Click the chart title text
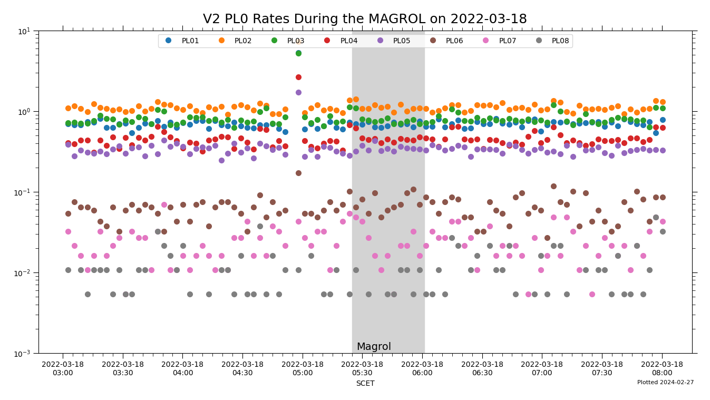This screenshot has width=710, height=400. tap(365, 19)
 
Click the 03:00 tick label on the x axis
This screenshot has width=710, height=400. tap(63, 368)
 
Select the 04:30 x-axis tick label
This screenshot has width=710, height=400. tap(242, 368)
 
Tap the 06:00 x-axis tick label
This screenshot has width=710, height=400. tap(422, 368)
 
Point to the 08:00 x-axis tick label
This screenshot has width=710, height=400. tap(662, 368)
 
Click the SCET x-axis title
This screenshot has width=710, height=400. tap(365, 384)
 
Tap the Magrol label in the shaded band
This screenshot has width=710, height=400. tap(374, 347)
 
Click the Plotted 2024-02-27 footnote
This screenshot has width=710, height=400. tap(665, 383)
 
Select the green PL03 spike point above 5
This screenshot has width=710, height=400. tap(298, 53)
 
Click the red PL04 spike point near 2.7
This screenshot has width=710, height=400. tap(298, 77)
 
